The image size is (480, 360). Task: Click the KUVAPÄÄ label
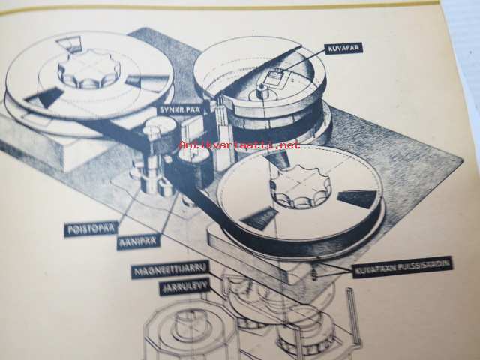(344, 48)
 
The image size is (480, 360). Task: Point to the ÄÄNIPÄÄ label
(139, 241)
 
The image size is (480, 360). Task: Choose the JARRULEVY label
(184, 287)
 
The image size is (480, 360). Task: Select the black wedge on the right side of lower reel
(357, 199)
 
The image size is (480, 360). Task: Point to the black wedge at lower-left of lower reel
(256, 218)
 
